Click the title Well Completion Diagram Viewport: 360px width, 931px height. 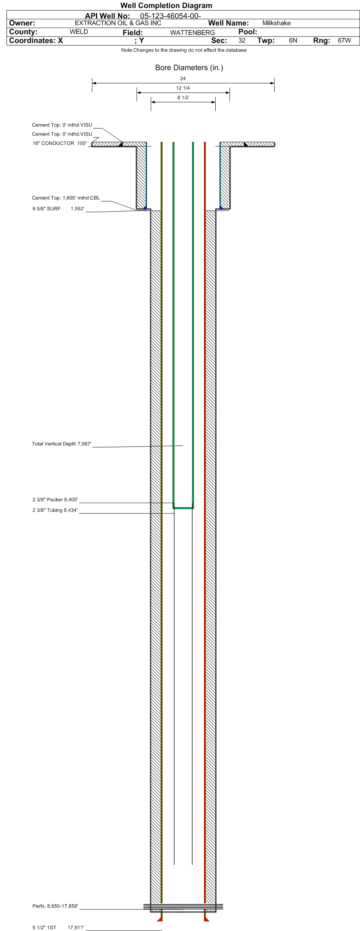click(x=166, y=6)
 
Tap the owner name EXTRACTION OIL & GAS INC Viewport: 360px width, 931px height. click(x=118, y=23)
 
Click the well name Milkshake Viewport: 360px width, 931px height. click(x=276, y=23)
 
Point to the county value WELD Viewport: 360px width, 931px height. click(x=79, y=32)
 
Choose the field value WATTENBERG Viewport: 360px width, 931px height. click(x=193, y=33)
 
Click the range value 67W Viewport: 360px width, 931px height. click(x=344, y=40)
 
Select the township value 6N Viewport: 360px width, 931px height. click(x=293, y=40)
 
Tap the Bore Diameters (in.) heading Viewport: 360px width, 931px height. click(x=189, y=68)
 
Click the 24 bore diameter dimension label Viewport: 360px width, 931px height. click(x=183, y=79)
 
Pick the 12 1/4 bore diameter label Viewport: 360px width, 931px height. click(x=183, y=88)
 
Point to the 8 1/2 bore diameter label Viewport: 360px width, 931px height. click(x=183, y=98)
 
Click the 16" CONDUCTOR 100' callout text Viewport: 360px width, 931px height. click(x=60, y=144)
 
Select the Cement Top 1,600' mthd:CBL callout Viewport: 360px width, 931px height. click(x=66, y=198)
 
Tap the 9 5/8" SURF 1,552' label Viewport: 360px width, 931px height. click(x=58, y=209)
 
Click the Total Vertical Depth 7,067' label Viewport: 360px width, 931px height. click(x=62, y=444)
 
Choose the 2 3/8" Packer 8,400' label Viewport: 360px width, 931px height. click(x=55, y=500)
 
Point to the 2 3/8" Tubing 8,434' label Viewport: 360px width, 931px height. click(x=55, y=510)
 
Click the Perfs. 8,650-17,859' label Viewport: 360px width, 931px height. click(x=55, y=906)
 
